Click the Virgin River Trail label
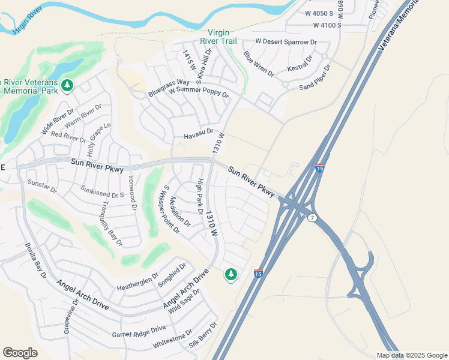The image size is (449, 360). coord(221,37)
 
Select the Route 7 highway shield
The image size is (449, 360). coord(312,218)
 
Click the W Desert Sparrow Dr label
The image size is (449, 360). coord(286,42)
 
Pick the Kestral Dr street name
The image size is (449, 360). coord(300,66)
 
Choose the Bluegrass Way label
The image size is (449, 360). coord(169,88)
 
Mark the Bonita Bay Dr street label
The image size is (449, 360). coord(35,260)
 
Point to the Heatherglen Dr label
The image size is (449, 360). coord(137,279)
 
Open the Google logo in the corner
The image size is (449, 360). coord(20,353)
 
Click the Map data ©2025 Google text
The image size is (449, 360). coord(412,355)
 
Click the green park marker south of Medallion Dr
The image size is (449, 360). coord(231,275)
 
